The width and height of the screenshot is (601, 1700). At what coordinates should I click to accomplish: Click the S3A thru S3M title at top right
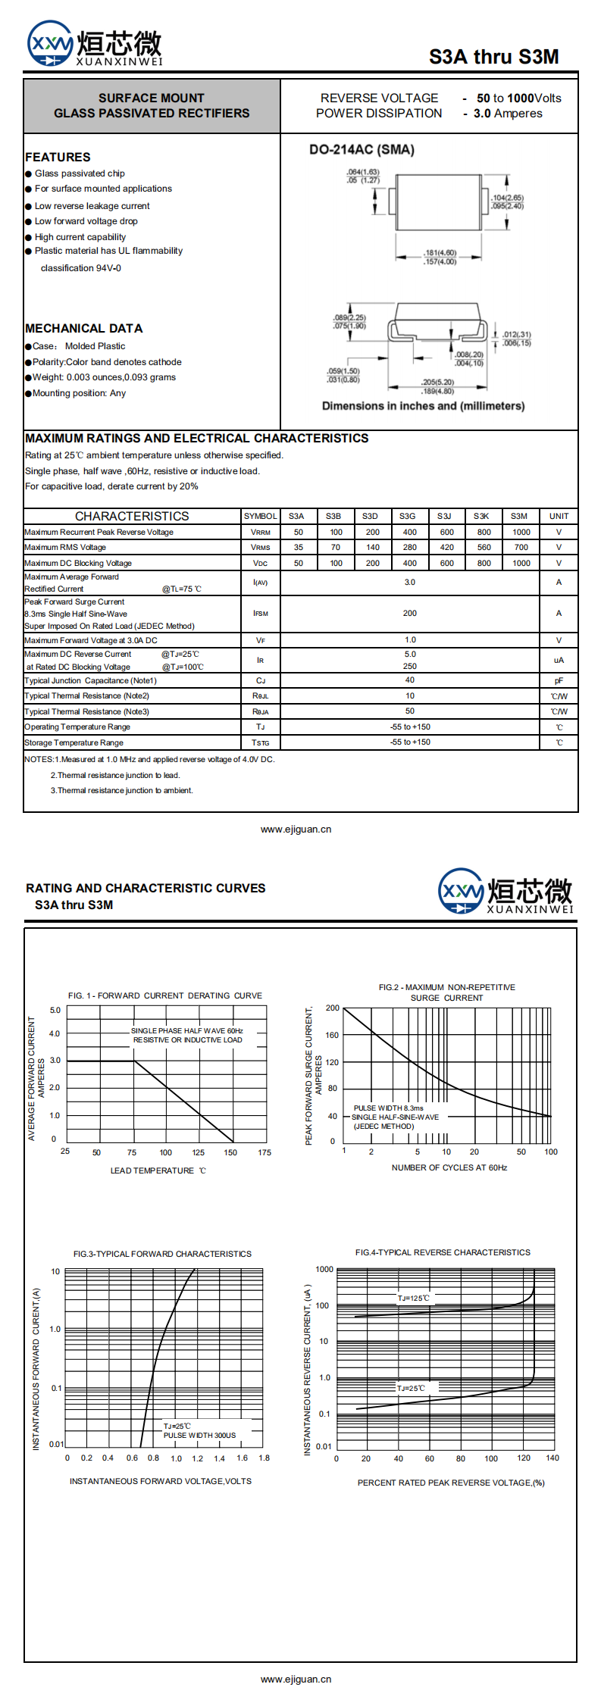493,57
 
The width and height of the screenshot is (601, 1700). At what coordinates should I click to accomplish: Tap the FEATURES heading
58,157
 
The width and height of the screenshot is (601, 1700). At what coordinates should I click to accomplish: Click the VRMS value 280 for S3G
409,547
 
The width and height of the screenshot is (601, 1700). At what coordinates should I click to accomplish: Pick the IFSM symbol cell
261,614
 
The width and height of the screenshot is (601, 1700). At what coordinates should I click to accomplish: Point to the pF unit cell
559,681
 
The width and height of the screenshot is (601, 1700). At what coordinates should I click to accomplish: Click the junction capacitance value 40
410,680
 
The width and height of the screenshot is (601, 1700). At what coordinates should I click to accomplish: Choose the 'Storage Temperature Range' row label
74,742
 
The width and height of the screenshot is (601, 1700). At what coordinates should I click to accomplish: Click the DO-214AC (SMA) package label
362,149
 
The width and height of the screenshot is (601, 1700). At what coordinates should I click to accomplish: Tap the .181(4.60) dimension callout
440,253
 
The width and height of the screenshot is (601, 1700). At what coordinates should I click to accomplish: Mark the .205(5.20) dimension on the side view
438,383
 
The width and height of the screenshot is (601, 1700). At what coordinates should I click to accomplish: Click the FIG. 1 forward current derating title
165,995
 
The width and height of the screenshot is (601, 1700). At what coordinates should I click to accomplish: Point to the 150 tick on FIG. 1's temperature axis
230,1152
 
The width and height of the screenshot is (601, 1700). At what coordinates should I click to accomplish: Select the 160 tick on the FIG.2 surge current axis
332,1035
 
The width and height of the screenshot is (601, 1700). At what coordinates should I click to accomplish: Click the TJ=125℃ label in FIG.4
413,1298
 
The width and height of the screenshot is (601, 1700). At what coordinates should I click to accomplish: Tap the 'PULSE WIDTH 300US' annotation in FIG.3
199,1435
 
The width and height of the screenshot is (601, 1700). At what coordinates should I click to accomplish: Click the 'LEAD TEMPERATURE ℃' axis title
158,1170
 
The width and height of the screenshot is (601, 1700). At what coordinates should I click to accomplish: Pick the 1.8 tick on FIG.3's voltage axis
264,1458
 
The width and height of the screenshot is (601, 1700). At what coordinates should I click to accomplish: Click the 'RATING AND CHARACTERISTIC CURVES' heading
146,888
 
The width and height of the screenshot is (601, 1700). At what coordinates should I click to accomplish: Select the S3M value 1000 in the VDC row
521,563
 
